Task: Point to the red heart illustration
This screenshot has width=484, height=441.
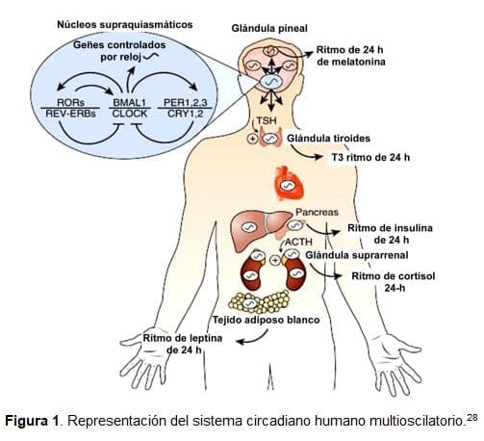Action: pyautogui.click(x=288, y=181)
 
